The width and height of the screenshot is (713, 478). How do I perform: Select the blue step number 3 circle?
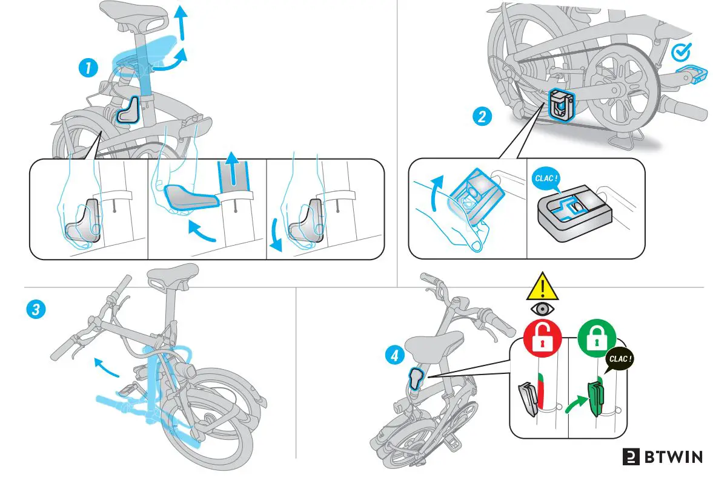(35, 310)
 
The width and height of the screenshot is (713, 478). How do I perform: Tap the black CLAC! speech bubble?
(620, 359)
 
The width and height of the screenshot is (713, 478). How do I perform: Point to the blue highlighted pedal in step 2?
(692, 74)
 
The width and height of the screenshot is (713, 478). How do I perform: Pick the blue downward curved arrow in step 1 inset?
(276, 233)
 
